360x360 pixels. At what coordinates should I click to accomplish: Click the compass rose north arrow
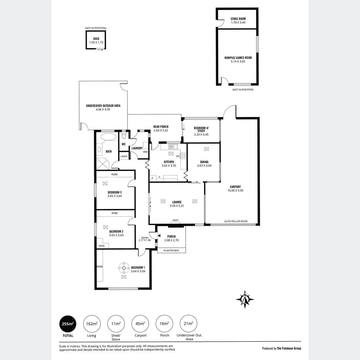tap(245, 299)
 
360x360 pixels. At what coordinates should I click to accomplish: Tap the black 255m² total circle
tap(68, 324)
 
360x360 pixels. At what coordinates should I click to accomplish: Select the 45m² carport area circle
tap(140, 324)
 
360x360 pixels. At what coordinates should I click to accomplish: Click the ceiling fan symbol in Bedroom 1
tap(124, 268)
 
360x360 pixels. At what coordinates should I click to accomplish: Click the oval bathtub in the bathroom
tap(108, 137)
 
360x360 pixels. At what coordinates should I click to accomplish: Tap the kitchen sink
tap(173, 147)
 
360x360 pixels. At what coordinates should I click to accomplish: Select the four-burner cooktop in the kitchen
tap(183, 156)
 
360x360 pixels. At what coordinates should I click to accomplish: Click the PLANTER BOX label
tap(171, 250)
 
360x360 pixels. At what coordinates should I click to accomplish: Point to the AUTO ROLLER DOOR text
tap(236, 221)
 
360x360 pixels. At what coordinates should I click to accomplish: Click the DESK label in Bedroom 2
tap(102, 246)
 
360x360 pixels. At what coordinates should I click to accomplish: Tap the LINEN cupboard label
tap(124, 156)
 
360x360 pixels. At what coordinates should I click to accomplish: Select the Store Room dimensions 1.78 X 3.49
tap(238, 22)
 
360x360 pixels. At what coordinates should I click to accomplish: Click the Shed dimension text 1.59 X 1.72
tap(96, 42)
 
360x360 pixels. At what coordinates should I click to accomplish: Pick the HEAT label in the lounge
tap(175, 220)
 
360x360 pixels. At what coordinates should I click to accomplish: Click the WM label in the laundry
tap(145, 152)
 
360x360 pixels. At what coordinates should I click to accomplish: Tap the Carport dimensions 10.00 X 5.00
tap(235, 190)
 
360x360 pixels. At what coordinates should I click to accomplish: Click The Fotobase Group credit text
tap(289, 348)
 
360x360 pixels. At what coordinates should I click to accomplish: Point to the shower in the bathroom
tap(102, 164)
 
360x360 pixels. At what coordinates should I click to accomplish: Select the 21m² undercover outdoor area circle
tap(188, 324)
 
